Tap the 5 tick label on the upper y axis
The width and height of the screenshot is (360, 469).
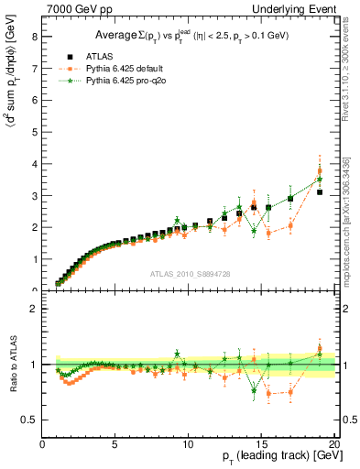point(36,133)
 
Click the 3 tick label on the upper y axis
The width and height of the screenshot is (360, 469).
point(36,196)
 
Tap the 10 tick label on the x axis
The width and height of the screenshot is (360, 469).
point(189,444)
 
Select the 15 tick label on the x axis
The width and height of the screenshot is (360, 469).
point(261,444)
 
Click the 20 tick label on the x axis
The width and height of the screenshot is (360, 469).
point(333,444)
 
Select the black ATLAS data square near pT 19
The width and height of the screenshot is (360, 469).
point(320,192)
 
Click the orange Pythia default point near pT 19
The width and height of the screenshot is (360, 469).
point(320,171)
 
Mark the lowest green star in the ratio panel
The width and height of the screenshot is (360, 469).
point(254,391)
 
